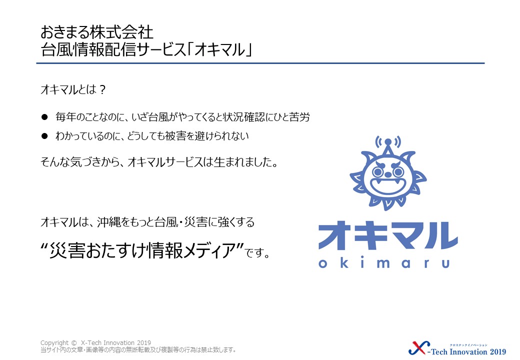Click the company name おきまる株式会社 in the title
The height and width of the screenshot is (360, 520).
click(x=97, y=32)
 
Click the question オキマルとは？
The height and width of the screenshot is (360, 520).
click(x=73, y=89)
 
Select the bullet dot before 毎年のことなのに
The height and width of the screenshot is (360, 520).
click(x=44, y=117)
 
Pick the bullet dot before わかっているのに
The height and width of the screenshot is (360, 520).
click(x=44, y=136)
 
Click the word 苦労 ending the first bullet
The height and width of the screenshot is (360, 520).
click(x=299, y=117)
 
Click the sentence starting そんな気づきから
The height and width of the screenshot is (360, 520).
click(x=159, y=162)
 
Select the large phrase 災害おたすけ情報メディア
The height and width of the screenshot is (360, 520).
click(x=142, y=250)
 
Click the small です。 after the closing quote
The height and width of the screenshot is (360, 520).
click(x=257, y=253)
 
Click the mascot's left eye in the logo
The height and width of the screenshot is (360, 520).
click(x=377, y=171)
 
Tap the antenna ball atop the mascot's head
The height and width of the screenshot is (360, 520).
click(x=388, y=142)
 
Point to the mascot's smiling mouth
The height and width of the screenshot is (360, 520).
click(x=387, y=186)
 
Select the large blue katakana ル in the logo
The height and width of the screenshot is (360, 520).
click(x=440, y=235)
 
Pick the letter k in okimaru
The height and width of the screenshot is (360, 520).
click(x=343, y=263)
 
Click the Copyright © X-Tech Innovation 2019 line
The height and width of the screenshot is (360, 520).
click(x=95, y=343)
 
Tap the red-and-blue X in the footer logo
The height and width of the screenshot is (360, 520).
click(x=419, y=348)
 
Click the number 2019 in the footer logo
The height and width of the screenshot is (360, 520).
click(x=498, y=351)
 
